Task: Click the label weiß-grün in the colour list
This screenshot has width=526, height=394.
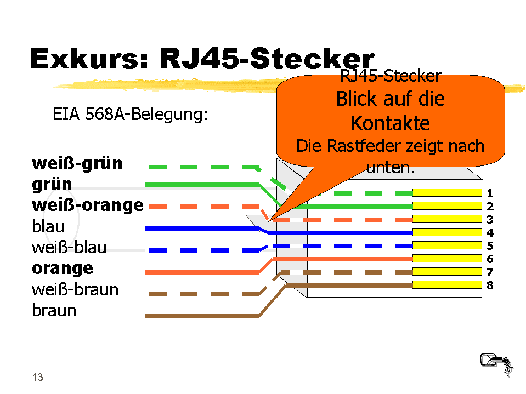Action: (77, 163)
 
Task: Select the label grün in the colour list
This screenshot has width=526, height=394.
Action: (52, 185)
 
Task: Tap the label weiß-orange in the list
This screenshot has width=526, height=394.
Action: (88, 205)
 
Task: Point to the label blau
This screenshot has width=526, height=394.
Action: (48, 226)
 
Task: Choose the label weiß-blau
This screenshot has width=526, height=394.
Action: (69, 247)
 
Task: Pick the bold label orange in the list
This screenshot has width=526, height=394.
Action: (63, 269)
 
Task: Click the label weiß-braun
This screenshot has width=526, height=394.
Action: (75, 289)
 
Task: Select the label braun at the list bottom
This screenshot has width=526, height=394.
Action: (54, 311)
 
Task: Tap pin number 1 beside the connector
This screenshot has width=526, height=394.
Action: (490, 193)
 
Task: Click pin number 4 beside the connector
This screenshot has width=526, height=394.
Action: (490, 233)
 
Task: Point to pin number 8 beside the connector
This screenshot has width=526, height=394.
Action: (490, 285)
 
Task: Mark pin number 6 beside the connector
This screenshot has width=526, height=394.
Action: (490, 259)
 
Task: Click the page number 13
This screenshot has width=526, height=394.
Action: (37, 377)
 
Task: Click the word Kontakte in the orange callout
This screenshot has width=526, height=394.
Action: (390, 124)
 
